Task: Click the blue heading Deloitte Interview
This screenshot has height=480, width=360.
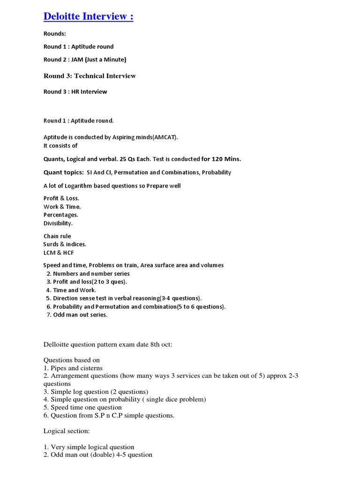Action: point(88,17)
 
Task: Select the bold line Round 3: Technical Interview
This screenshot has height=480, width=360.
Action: point(90,76)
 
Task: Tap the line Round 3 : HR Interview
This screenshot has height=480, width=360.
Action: point(75,92)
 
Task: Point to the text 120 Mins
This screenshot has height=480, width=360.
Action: point(226,159)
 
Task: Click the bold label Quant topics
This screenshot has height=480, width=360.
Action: point(64,172)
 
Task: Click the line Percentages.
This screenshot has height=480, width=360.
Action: point(61,215)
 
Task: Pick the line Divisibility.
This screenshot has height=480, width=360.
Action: point(58,223)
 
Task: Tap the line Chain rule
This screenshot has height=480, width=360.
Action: point(57,236)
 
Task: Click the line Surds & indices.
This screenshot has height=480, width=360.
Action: point(65,244)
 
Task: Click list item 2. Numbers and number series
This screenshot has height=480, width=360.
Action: point(88,274)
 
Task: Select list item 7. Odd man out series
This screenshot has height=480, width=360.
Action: point(77,315)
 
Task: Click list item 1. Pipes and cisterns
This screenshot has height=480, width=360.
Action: point(73,368)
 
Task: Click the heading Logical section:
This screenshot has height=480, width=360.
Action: point(66,431)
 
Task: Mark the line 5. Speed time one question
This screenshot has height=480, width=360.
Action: point(82,407)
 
